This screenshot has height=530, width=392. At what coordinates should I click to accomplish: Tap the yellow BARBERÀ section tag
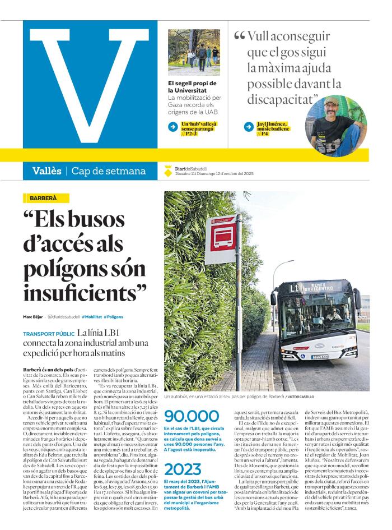click(48, 198)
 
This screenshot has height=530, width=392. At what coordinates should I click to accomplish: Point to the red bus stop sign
click(220, 241)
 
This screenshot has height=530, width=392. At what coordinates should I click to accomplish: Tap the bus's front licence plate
click(320, 356)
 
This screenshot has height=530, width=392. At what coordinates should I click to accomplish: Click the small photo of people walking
click(194, 52)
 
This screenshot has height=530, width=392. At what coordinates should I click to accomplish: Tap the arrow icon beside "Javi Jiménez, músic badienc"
click(249, 127)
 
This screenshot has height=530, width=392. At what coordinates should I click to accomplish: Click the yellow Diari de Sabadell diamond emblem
click(167, 171)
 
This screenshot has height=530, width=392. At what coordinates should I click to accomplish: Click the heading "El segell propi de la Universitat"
click(192, 86)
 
